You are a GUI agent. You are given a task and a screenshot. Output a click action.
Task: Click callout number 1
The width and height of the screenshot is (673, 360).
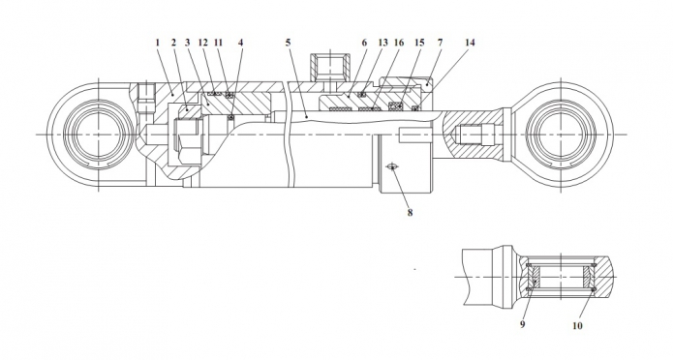[x=158, y=43]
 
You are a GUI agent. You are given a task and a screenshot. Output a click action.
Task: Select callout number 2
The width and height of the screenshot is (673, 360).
[x=173, y=43]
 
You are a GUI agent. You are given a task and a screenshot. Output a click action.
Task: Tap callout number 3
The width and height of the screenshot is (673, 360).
[x=188, y=43]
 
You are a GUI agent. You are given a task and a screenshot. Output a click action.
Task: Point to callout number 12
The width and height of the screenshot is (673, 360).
[x=203, y=43]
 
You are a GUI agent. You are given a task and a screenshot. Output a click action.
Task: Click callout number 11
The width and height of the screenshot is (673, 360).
[x=219, y=43]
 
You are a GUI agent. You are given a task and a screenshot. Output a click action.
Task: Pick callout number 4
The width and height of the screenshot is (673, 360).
[x=241, y=43]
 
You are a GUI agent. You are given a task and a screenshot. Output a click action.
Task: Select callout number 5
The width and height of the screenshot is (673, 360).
[x=288, y=43]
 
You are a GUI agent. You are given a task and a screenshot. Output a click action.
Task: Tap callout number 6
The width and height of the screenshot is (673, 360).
[x=364, y=43]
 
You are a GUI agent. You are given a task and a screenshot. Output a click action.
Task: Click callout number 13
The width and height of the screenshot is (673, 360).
[x=382, y=43]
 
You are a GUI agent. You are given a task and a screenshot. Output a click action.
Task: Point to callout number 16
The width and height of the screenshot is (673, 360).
[x=399, y=43]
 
